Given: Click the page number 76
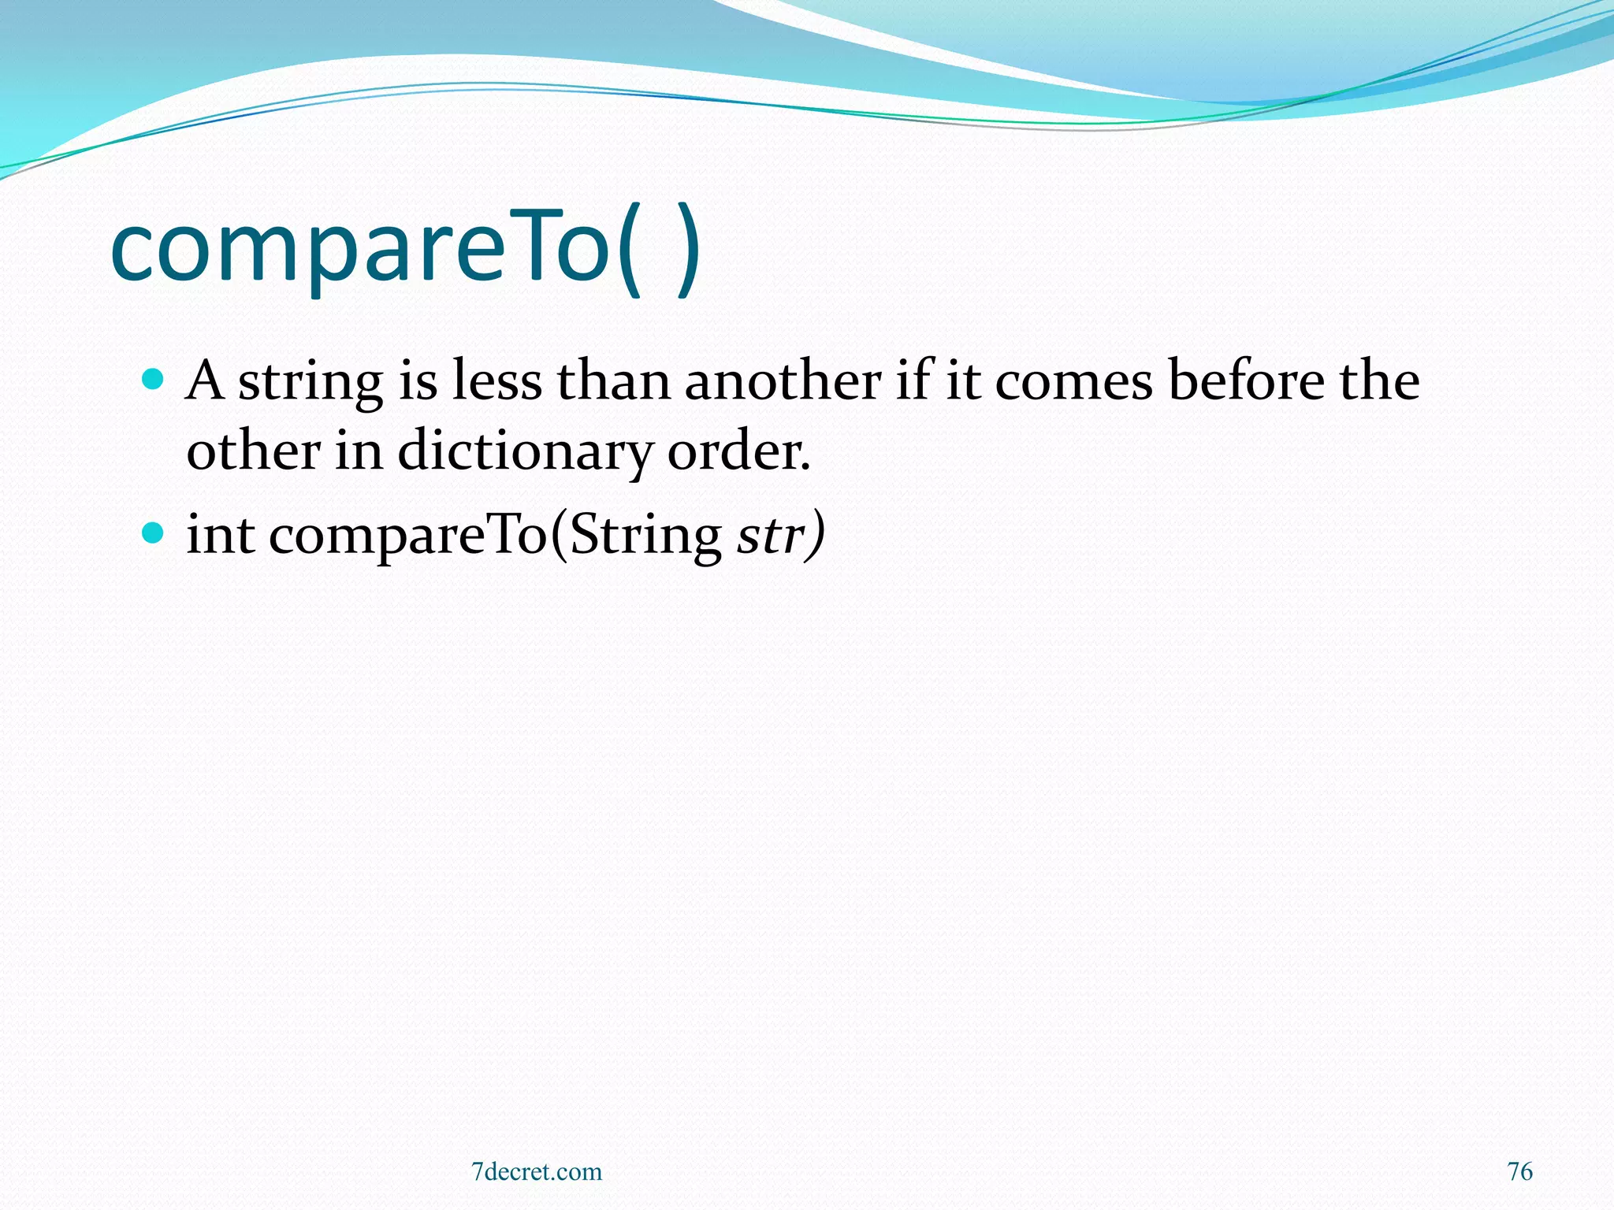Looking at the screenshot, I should click(1519, 1171).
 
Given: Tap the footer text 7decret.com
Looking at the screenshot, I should click(536, 1171).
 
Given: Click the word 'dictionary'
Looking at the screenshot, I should click(525, 453).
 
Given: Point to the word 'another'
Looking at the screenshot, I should click(783, 381).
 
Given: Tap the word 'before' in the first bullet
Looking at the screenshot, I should click(1246, 381).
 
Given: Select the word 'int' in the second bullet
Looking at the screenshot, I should click(220, 536).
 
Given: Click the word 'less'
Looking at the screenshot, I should click(497, 381).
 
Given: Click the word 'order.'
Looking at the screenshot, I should click(738, 453).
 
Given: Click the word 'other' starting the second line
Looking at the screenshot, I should click(253, 453).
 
